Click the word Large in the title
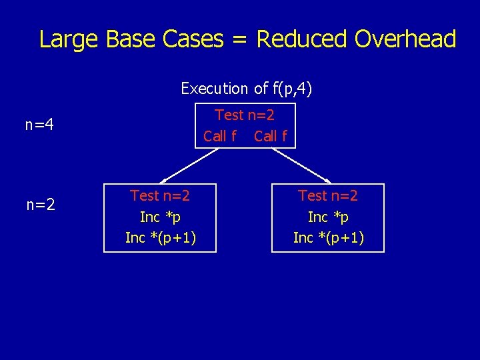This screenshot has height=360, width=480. pos(67,40)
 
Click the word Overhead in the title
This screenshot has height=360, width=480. pos(405,39)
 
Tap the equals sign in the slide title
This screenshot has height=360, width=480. pos(239,40)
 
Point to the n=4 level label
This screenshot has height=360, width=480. pos(39,125)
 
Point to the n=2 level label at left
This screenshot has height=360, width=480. pos(40,205)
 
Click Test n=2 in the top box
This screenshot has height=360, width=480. pos(245,115)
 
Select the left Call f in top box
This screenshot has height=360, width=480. pos(219,136)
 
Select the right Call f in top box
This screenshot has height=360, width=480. pos(271,136)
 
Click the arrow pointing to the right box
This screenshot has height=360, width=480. pos(301,165)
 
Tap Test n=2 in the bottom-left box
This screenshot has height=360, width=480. pos(160,195)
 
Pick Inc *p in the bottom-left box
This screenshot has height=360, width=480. pos(160,217)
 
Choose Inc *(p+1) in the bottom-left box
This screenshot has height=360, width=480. pos(160,238)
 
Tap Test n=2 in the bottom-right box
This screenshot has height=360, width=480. pos(328,195)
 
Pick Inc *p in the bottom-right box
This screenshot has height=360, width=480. pos(328,217)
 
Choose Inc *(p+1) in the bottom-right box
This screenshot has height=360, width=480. pos(328,238)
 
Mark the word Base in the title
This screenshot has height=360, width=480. pos(129,39)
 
